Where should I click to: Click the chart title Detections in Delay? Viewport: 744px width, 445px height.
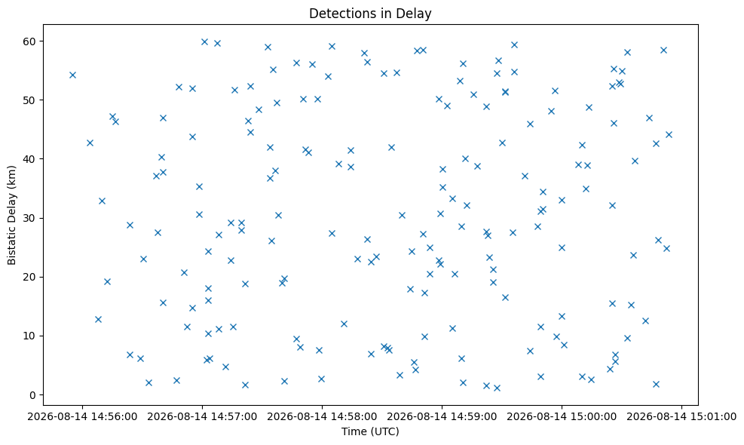point(370,14)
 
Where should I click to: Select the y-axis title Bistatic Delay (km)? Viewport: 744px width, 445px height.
point(11,215)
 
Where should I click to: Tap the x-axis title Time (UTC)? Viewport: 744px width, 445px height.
point(370,431)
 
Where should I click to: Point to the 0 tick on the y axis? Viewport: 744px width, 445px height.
point(32,395)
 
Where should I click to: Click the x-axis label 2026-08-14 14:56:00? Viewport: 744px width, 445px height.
point(82,417)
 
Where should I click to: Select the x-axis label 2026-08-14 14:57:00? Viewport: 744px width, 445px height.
point(202,417)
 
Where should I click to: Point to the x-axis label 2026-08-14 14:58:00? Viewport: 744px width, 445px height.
point(322,417)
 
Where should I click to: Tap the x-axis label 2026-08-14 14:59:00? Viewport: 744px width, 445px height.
point(442,417)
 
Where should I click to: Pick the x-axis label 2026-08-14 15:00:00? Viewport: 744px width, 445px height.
point(562,417)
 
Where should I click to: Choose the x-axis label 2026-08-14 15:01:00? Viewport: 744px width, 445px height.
point(682,417)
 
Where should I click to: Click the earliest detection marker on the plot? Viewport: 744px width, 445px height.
point(72,75)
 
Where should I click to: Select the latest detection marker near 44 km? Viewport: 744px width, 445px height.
point(669,135)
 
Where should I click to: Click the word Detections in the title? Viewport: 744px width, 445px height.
point(339,14)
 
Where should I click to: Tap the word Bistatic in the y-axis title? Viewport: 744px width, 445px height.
point(11,248)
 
